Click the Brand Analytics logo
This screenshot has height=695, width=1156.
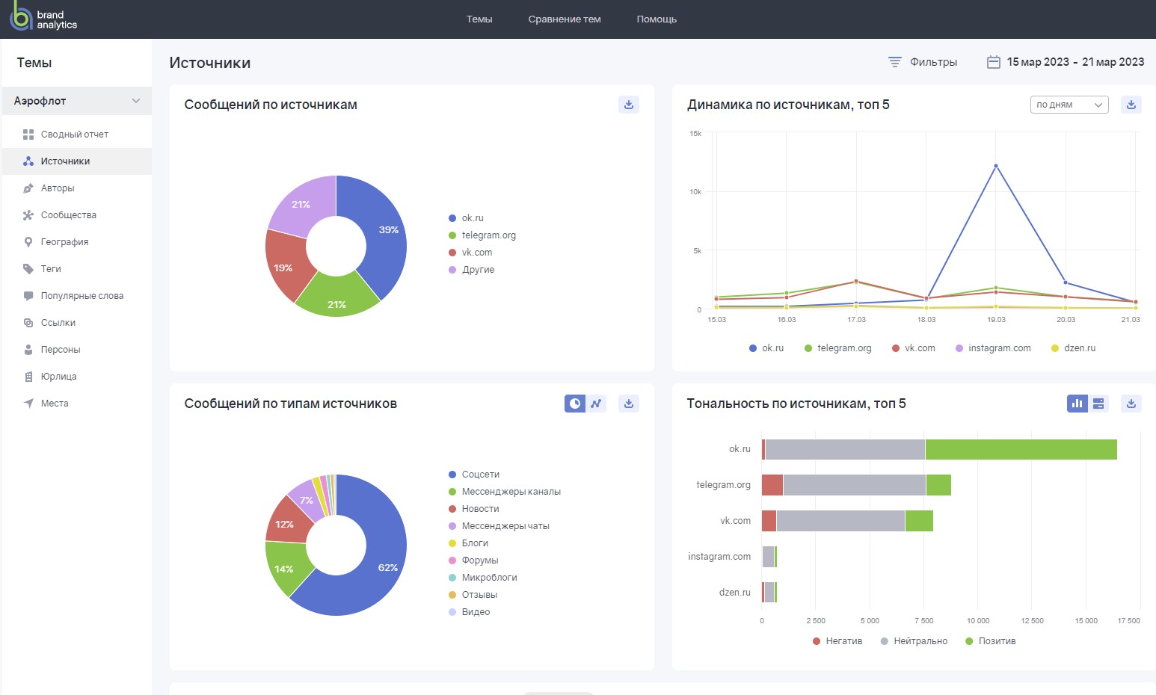pyautogui.click(x=43, y=19)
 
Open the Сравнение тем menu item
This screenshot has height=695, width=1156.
pyautogui.click(x=564, y=19)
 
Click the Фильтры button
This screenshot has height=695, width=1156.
pyautogui.click(x=922, y=62)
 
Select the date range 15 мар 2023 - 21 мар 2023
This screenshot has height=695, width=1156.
pyautogui.click(x=1066, y=62)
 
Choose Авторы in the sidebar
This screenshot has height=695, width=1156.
pyautogui.click(x=58, y=188)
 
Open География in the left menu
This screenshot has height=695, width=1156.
pyautogui.click(x=64, y=242)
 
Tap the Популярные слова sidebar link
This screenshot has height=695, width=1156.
pyautogui.click(x=82, y=296)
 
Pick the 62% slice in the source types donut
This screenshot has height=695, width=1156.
pyautogui.click(x=374, y=575)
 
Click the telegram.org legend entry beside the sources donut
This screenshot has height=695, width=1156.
pyautogui.click(x=488, y=235)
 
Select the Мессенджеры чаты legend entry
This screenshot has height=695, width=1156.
pyautogui.click(x=505, y=526)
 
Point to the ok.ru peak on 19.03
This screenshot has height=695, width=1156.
pyautogui.click(x=995, y=166)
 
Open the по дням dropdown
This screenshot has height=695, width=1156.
pyautogui.click(x=1069, y=105)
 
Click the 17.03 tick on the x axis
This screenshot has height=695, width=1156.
pyautogui.click(x=856, y=320)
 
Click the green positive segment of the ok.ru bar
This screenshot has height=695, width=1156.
pyautogui.click(x=1021, y=449)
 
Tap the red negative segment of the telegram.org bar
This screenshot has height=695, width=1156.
pyautogui.click(x=772, y=485)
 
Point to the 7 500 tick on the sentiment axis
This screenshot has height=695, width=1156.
pyautogui.click(x=924, y=621)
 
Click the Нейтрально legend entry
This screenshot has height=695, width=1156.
pyautogui.click(x=920, y=641)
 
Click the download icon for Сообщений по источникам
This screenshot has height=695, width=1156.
pyautogui.click(x=629, y=105)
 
